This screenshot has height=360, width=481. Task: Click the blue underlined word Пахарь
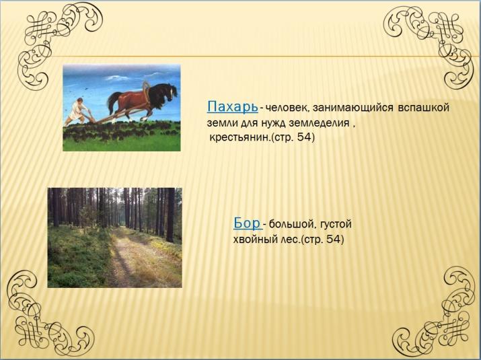232,107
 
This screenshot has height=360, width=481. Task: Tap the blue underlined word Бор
247,223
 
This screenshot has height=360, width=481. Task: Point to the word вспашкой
423,108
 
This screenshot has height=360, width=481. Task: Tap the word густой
336,225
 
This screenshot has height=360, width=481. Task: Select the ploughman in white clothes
77,110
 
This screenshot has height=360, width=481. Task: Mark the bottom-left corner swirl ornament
46,316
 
